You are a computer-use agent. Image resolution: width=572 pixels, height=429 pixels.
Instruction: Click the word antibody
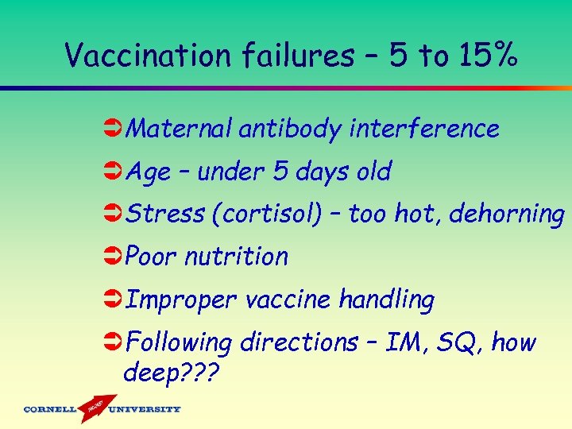[x=288, y=129]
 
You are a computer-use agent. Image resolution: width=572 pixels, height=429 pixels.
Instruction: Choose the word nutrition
[x=236, y=257]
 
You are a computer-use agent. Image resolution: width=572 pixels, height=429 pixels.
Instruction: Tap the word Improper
[x=181, y=300]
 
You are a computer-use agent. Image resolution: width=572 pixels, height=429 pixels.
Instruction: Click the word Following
[x=179, y=342]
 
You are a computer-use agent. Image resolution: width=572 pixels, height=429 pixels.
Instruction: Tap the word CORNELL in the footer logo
[x=50, y=410]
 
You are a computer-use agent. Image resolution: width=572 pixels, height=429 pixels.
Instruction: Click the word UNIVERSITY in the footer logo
[x=145, y=410]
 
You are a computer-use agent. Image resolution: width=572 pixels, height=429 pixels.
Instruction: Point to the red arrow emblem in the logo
[x=93, y=407]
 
